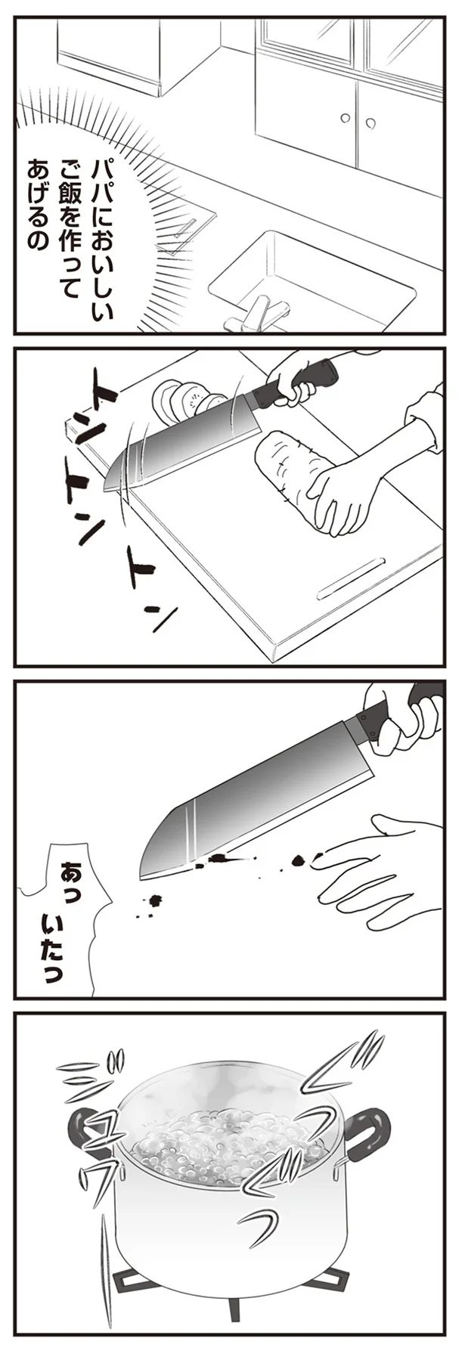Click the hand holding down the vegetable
344,496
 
